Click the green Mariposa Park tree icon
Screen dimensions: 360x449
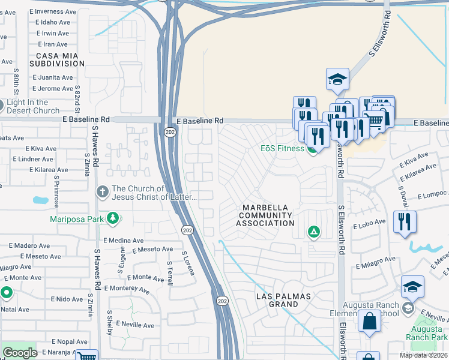[112, 218]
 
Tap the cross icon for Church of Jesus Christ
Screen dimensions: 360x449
[103, 191]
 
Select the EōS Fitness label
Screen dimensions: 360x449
[282, 149]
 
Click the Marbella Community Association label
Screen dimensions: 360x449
[265, 215]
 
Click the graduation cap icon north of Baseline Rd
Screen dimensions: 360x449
[337, 79]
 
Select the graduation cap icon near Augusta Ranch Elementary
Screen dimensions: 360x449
[412, 287]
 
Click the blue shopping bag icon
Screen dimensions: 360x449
[369, 322]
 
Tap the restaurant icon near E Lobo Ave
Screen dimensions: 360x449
[405, 221]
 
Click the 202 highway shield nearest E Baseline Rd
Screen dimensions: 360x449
[170, 132]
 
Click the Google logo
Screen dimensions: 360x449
[19, 353]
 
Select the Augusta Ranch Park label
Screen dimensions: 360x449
[431, 332]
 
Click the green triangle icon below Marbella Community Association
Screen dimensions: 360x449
[313, 232]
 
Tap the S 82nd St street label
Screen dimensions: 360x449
[77, 98]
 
